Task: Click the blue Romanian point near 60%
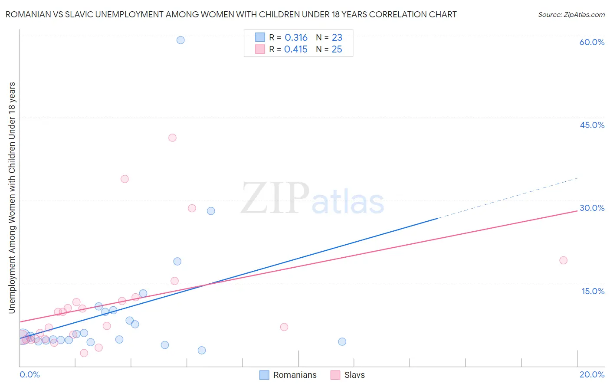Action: (x=180, y=40)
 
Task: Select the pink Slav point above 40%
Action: (x=172, y=138)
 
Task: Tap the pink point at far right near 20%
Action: (x=563, y=260)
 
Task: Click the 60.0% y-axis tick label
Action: (x=592, y=42)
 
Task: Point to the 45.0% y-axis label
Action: (x=592, y=125)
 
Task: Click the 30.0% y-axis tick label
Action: (x=592, y=208)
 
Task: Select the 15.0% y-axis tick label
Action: (x=593, y=291)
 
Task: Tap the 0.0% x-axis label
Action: (x=30, y=374)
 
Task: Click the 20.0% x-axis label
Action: (x=592, y=374)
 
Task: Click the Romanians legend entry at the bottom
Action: (x=295, y=375)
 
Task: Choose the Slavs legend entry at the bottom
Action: (x=354, y=375)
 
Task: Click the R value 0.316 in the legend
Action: (x=296, y=38)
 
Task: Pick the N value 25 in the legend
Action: (x=337, y=49)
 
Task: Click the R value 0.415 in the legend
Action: (x=296, y=49)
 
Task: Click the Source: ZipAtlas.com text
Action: (x=571, y=15)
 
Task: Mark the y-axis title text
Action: (x=12, y=197)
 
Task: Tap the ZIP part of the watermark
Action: (x=275, y=199)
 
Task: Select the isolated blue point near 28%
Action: (x=211, y=211)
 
